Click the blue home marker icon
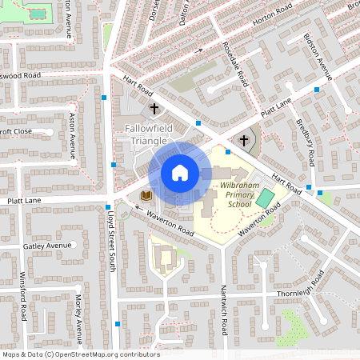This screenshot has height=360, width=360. [x=179, y=172]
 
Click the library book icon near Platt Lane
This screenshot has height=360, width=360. [x=146, y=195]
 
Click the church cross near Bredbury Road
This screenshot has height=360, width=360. [x=244, y=140]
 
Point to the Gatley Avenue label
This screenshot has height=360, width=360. [x=47, y=246]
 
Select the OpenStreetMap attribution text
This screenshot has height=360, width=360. [x=80, y=354]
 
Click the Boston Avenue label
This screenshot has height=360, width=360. [x=318, y=57]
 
